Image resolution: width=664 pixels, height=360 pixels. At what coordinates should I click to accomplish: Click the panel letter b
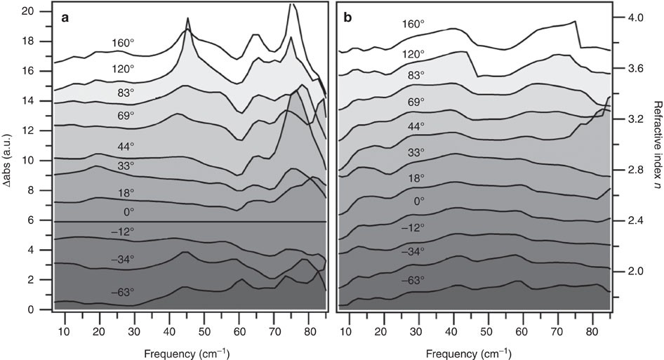coord(348,19)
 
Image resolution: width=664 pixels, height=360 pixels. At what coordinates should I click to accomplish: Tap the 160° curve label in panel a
coord(123,43)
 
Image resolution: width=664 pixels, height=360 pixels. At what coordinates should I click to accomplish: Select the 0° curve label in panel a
coord(128,211)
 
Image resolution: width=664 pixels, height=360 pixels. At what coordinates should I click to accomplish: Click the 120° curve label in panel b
coord(412,53)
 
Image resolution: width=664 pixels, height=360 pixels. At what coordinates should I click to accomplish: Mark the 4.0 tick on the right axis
coord(632,18)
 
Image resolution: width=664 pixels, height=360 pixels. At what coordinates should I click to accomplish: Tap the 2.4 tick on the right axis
coord(632,220)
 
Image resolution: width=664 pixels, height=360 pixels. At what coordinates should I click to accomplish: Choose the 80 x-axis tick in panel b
coord(591,327)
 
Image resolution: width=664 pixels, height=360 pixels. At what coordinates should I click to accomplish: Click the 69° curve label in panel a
coord(126,114)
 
